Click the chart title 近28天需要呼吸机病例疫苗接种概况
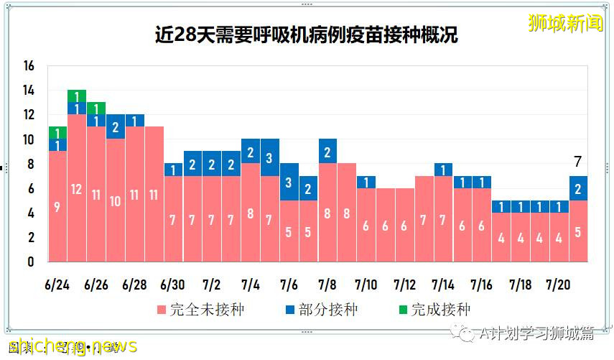307,34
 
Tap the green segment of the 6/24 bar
57,132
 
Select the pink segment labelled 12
77,188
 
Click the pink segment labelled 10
115,200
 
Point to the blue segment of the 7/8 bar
327,151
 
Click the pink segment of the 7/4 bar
251,213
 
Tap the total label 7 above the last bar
579,162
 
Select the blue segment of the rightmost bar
579,188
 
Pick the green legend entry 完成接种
430,310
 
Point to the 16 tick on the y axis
29,66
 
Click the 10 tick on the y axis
29,139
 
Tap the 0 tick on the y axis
31,262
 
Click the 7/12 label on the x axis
404,285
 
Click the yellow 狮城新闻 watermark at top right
565,23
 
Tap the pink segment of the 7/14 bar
443,219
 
